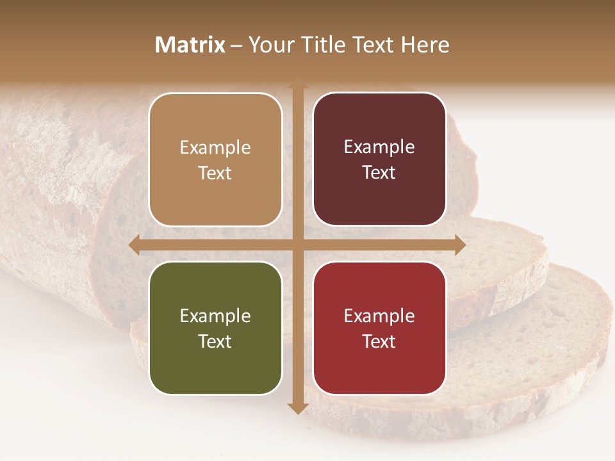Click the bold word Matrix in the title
click(x=190, y=45)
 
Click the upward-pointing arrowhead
click(x=297, y=83)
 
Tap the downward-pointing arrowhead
click(x=297, y=408)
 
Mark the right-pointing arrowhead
click(x=460, y=245)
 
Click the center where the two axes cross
click(x=297, y=245)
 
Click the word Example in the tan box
click(x=215, y=148)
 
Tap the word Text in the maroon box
click(x=379, y=173)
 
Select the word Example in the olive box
click(x=215, y=316)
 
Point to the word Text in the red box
click(x=379, y=341)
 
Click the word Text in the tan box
click(x=215, y=173)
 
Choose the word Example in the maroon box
click(x=379, y=147)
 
